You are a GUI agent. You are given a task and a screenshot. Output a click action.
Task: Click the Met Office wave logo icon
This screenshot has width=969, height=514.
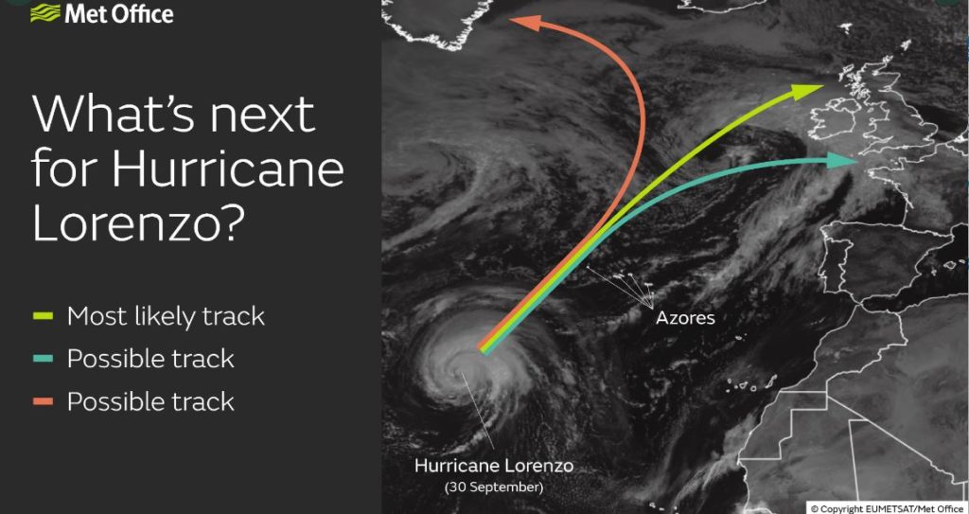coord(45,13)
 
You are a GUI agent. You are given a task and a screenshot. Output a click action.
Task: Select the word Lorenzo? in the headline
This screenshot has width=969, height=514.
coord(136,222)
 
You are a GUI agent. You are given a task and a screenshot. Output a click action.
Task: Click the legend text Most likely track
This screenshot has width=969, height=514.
coord(166,317)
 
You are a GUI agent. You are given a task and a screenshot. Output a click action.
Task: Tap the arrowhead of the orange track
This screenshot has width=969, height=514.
coord(525,24)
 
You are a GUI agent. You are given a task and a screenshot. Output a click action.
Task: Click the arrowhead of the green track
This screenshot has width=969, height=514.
coord(806,92)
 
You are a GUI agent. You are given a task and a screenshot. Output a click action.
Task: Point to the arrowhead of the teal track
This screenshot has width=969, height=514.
coord(840,161)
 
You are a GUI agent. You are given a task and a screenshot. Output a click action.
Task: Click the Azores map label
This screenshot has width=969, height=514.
coord(685,318)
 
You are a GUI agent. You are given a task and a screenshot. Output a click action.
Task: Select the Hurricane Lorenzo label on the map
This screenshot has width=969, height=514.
coord(493,466)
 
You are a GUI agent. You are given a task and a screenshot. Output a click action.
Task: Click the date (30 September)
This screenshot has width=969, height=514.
coord(494,487)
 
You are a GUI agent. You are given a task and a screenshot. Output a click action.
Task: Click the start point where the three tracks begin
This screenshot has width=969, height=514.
coord(483,349)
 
